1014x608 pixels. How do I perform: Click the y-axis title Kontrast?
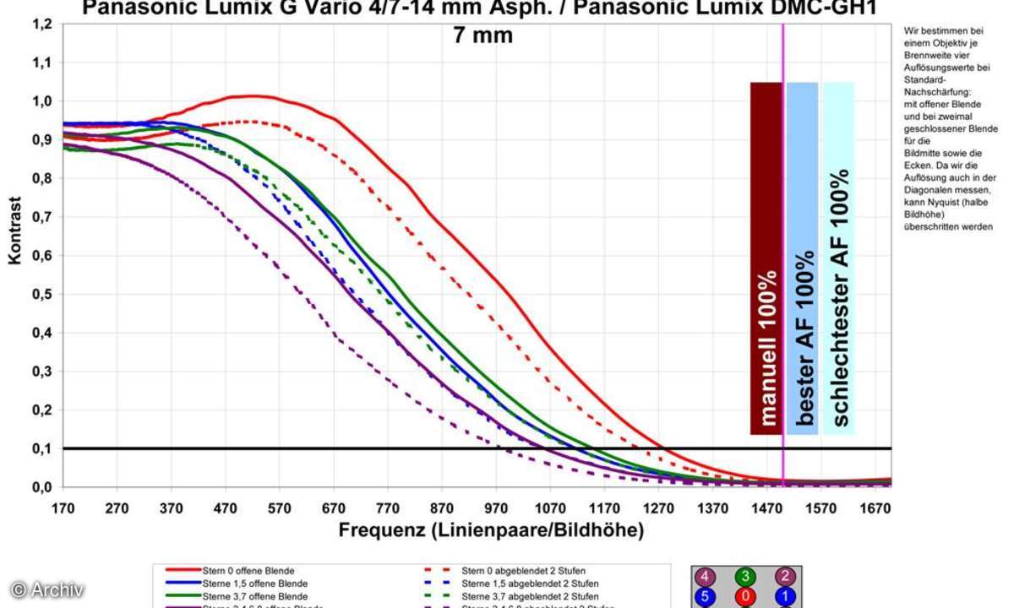pyautogui.click(x=15, y=231)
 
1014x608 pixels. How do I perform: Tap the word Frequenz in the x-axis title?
pyautogui.click(x=381, y=531)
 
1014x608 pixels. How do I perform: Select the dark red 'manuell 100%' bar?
pyautogui.click(x=766, y=258)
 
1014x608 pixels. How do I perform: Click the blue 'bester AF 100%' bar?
pyautogui.click(x=802, y=258)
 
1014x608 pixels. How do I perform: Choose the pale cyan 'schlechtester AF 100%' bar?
pyautogui.click(x=838, y=258)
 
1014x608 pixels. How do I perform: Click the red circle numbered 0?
pyautogui.click(x=744, y=597)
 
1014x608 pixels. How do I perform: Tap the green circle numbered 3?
pyautogui.click(x=744, y=578)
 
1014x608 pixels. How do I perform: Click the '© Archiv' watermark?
pyautogui.click(x=47, y=589)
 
